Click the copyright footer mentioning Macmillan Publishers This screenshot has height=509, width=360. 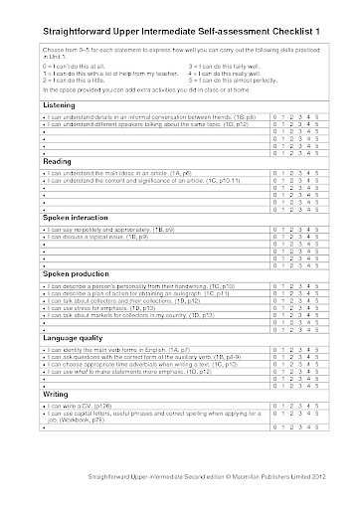coord(179,494)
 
